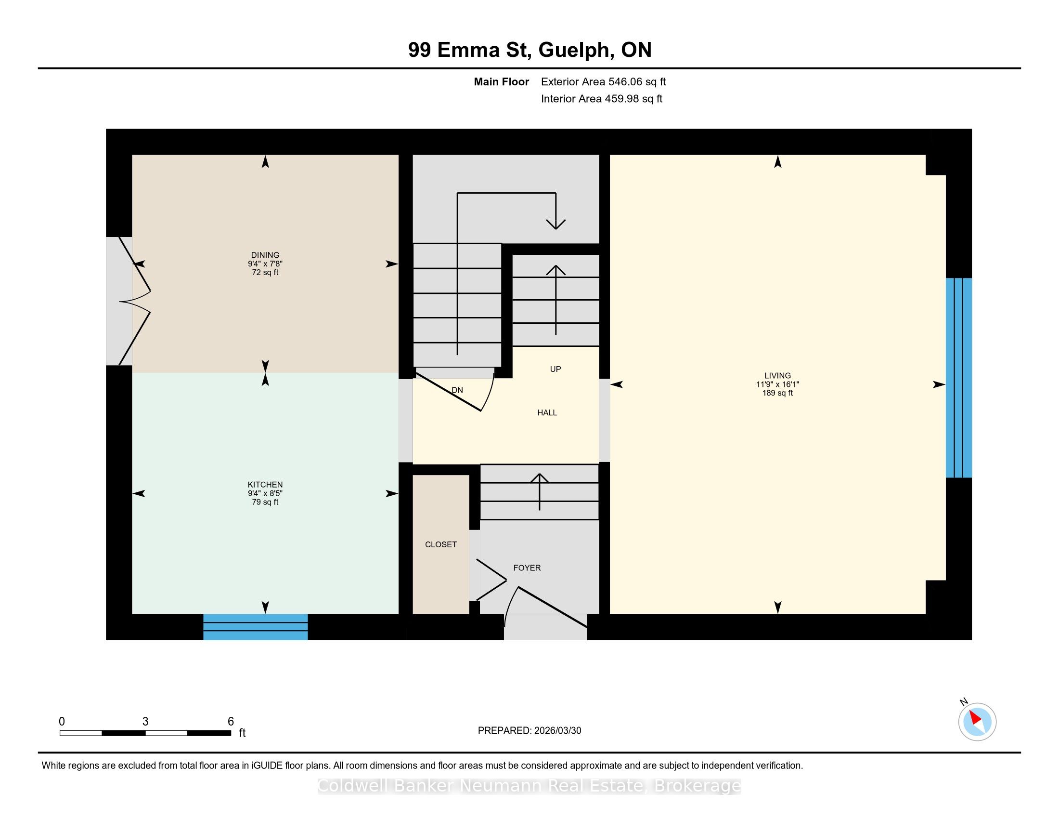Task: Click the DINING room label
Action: (265, 255)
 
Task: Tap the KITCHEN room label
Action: (265, 484)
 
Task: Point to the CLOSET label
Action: (441, 544)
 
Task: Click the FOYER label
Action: (527, 568)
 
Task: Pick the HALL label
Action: (547, 412)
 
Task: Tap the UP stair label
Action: (555, 369)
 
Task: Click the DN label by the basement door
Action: (457, 390)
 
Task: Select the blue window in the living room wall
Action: (958, 378)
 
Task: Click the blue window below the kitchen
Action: (256, 627)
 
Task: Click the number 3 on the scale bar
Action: (145, 722)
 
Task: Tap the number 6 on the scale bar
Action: (231, 722)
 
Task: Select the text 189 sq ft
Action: (777, 393)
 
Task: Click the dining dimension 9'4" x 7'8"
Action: (265, 264)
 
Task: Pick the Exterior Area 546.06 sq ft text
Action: (603, 82)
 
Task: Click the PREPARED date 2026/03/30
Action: (557, 731)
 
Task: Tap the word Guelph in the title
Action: (574, 50)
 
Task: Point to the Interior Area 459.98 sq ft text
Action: (602, 99)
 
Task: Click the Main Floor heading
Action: (502, 82)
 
